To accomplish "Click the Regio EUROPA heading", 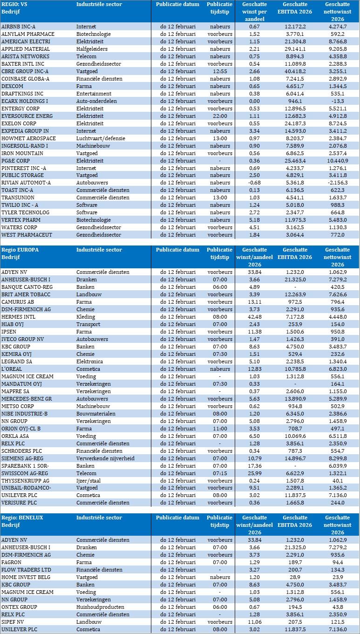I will click(20, 250).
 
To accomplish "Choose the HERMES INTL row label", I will click(18, 317).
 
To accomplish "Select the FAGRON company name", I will click(12, 562).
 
